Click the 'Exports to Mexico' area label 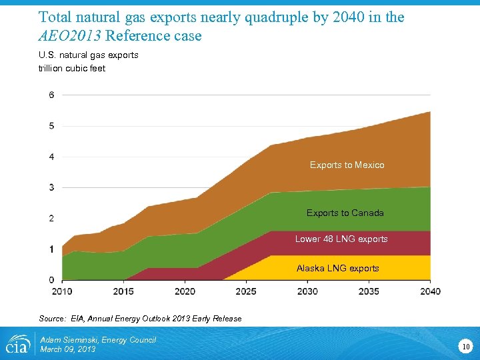click(347, 165)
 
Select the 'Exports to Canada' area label click(345, 213)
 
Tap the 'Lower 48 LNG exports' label click(341, 239)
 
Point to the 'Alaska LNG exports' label click(337, 268)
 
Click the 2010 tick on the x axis click(62, 291)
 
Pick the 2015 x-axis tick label click(123, 291)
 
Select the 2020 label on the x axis click(185, 291)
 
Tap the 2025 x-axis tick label click(246, 291)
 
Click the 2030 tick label click(307, 291)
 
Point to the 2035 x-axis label click(369, 291)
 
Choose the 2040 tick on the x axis click(430, 291)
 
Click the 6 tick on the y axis click(51, 95)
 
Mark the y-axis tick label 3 click(51, 187)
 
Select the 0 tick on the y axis click(51, 279)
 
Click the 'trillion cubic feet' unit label click(72, 68)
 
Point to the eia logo click(17, 343)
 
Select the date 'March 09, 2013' click(68, 349)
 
